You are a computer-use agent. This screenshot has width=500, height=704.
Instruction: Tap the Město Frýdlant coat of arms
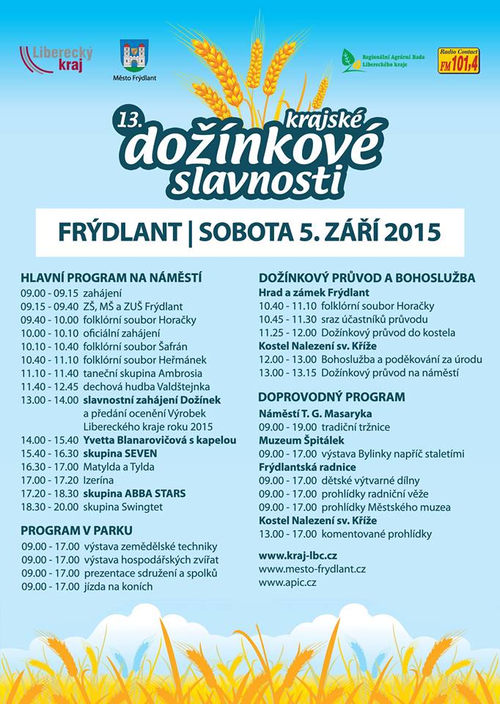pyautogui.click(x=134, y=56)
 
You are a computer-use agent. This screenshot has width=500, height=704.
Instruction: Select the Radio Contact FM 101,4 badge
pyautogui.click(x=458, y=60)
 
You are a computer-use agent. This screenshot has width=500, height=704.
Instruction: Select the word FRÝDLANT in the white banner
pyautogui.click(x=120, y=232)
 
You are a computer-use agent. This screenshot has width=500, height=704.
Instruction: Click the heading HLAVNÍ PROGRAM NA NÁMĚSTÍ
pyautogui.click(x=111, y=278)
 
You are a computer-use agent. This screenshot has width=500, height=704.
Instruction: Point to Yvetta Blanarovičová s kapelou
pyautogui.click(x=160, y=440)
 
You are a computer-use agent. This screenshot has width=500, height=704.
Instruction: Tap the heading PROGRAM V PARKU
pyautogui.click(x=76, y=530)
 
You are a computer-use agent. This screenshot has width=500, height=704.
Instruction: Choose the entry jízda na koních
pyautogui.click(x=118, y=586)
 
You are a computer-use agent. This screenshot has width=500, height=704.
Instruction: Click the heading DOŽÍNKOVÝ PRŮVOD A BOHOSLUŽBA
pyautogui.click(x=367, y=278)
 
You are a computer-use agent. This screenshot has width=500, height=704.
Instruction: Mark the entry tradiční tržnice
pyautogui.click(x=357, y=427)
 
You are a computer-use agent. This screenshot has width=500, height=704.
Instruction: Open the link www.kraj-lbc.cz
pyautogui.click(x=298, y=555)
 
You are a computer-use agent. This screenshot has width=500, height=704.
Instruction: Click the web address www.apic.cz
pyautogui.click(x=287, y=582)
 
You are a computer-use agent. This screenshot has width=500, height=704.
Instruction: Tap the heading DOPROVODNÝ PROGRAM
pyautogui.click(x=332, y=397)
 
